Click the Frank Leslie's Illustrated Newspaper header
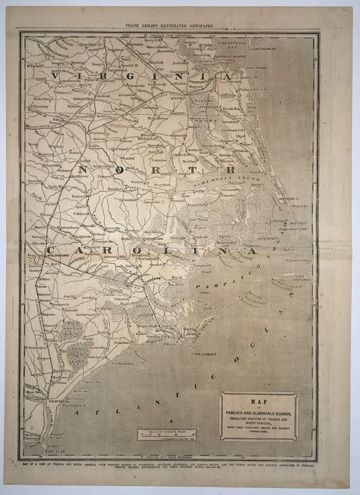(170, 27)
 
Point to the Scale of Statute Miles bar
(168, 434)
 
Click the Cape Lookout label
(205, 354)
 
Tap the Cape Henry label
(257, 67)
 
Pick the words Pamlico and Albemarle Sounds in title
(258, 413)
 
